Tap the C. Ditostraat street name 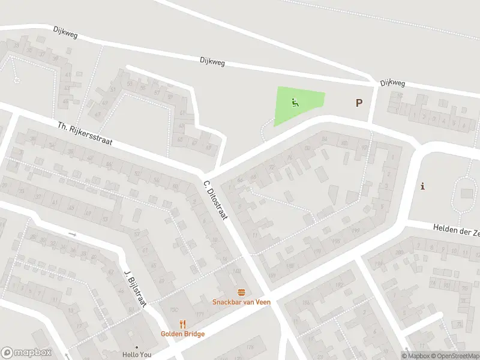(215, 200)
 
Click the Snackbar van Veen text (241, 302)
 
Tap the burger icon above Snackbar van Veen (241, 292)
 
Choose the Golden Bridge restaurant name (182, 334)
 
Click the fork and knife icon (182, 325)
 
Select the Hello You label (137, 355)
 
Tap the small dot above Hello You (137, 347)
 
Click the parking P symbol (359, 103)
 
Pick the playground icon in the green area (295, 103)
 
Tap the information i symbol (423, 186)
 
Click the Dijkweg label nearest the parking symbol (393, 83)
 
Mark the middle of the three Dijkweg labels (212, 61)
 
